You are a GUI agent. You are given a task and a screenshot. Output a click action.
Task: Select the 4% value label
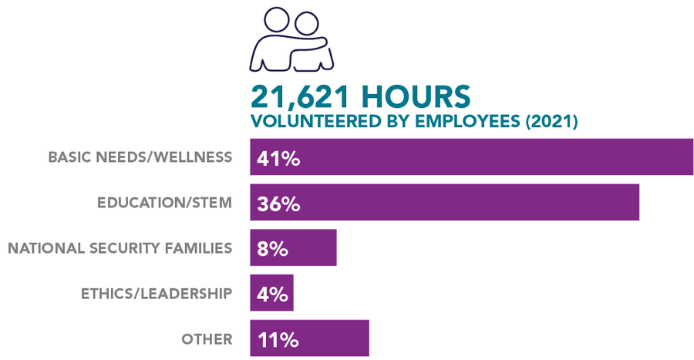[272, 294]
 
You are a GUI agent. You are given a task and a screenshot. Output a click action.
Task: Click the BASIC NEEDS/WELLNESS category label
[140, 157]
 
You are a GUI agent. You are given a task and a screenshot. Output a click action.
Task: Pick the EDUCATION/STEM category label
[164, 203]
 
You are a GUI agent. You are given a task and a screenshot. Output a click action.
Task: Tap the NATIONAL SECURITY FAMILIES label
[120, 247]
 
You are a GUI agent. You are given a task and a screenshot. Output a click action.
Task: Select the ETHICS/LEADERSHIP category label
[157, 293]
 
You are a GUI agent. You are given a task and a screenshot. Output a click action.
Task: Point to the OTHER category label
[207, 338]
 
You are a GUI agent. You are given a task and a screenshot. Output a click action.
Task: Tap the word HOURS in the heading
[415, 97]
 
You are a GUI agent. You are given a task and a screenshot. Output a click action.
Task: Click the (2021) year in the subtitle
[549, 122]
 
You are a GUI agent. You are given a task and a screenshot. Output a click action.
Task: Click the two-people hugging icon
[291, 40]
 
